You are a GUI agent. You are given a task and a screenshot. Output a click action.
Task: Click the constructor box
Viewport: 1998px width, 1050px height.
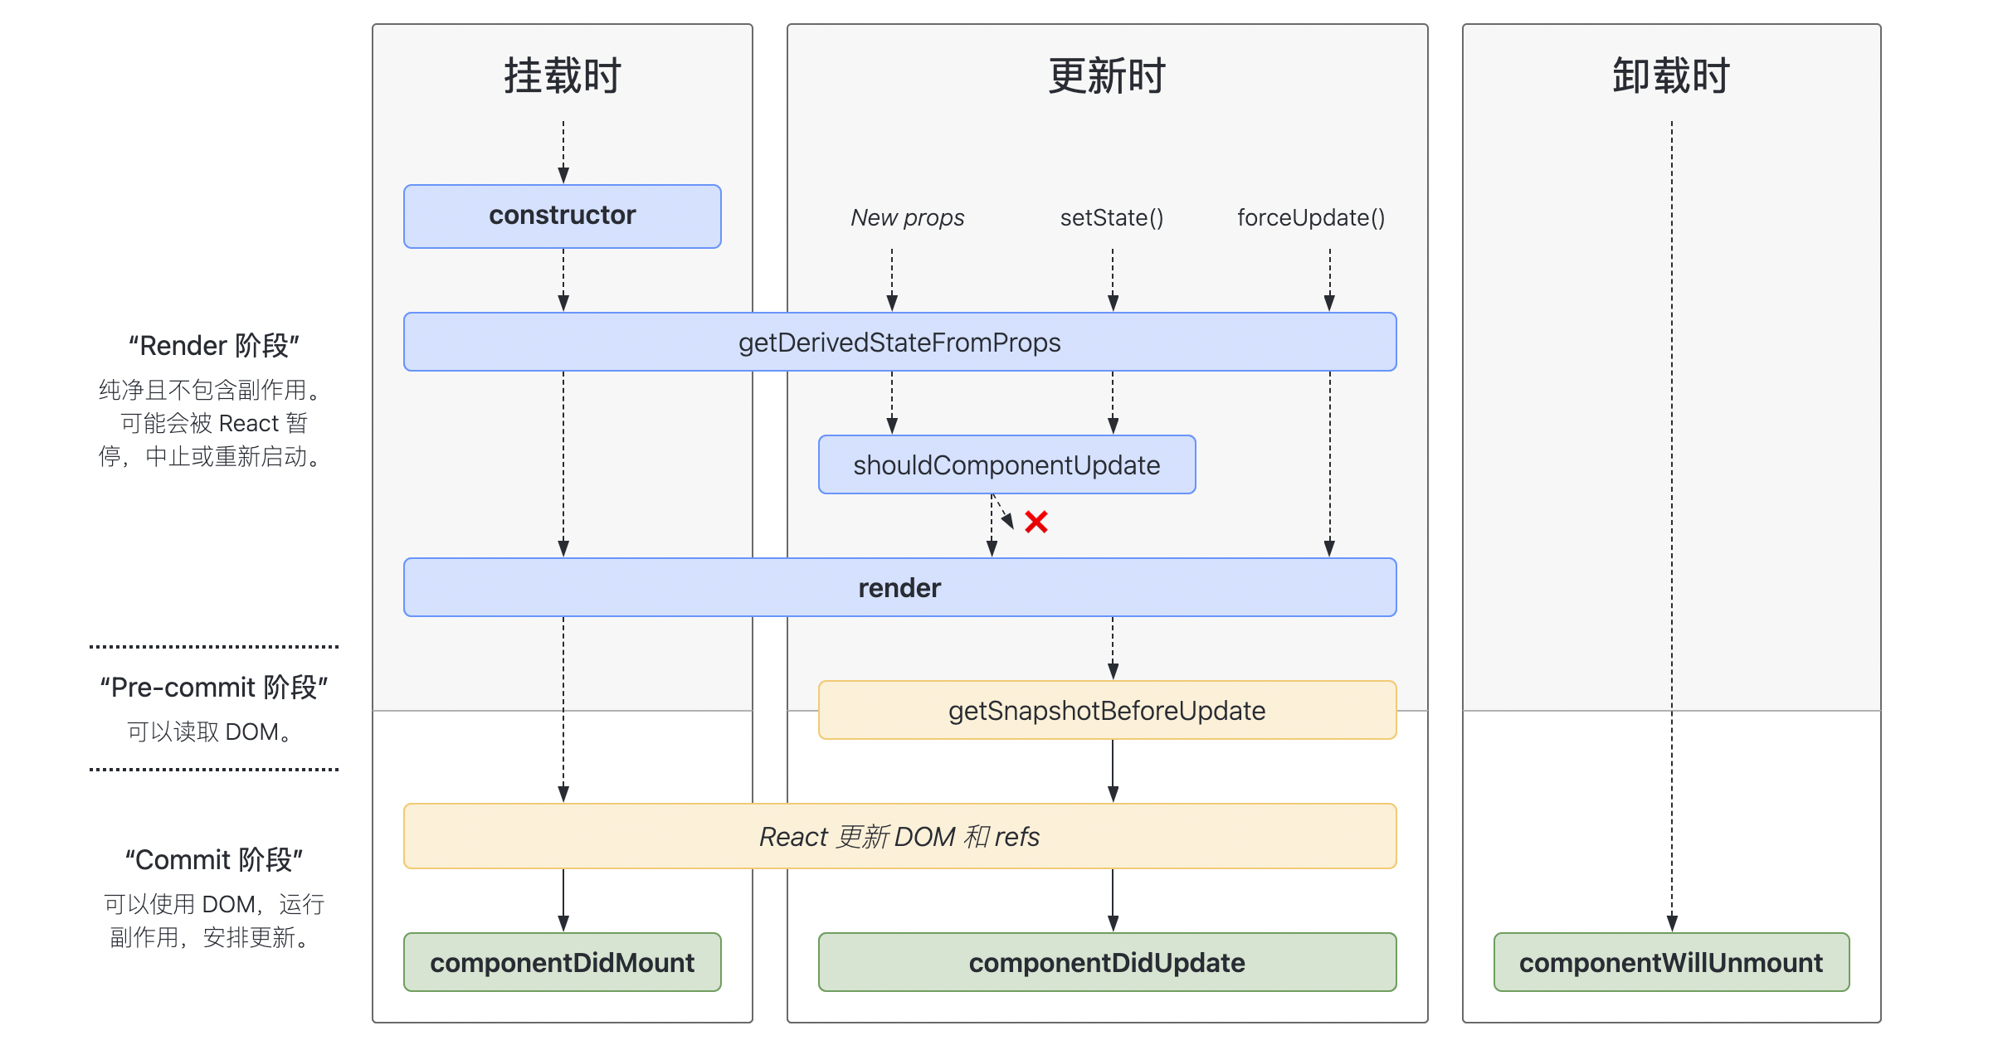[x=562, y=216]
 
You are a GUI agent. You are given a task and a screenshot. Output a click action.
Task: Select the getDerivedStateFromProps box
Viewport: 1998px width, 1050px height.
[x=899, y=342]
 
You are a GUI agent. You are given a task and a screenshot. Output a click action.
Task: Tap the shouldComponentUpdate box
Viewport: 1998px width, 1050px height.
[x=1006, y=464]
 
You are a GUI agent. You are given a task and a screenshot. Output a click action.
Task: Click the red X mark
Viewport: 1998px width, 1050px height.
[x=1036, y=522]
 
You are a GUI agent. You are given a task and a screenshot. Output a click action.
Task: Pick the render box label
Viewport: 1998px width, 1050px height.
[x=899, y=588]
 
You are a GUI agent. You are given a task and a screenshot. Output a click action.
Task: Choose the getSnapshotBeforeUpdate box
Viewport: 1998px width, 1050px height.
[x=1107, y=710]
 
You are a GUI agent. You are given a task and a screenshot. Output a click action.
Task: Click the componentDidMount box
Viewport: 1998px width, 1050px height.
[x=562, y=962]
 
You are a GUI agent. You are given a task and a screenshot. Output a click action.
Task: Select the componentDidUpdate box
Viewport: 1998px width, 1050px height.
[x=1107, y=962]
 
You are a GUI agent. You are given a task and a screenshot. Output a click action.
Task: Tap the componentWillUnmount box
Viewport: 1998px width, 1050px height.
[x=1670, y=962]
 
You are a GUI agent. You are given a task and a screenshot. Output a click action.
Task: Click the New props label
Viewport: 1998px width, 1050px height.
[x=907, y=217]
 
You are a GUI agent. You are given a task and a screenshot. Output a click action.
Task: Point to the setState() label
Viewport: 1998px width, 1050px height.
[x=1112, y=217]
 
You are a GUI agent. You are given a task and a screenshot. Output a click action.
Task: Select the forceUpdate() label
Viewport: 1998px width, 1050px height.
[x=1311, y=217]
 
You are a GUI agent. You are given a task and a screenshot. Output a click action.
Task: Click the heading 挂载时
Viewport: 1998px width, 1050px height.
[x=562, y=76]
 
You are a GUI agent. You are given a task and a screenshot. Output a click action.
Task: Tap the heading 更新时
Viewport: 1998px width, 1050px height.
[x=1107, y=76]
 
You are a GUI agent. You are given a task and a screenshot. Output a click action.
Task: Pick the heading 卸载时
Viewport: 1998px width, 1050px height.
[x=1670, y=76]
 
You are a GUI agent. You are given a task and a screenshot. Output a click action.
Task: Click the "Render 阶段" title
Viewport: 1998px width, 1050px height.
[x=213, y=345]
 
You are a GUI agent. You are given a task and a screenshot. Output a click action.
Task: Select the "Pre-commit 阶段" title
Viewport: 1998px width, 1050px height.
[x=213, y=687]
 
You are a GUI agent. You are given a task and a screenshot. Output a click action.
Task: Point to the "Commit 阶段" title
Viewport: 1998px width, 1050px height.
[x=213, y=859]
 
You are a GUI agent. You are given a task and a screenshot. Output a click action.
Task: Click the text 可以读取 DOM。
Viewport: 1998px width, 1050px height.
[x=211, y=732]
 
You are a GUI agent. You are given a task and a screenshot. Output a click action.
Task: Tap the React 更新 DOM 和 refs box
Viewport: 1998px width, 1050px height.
[x=899, y=836]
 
